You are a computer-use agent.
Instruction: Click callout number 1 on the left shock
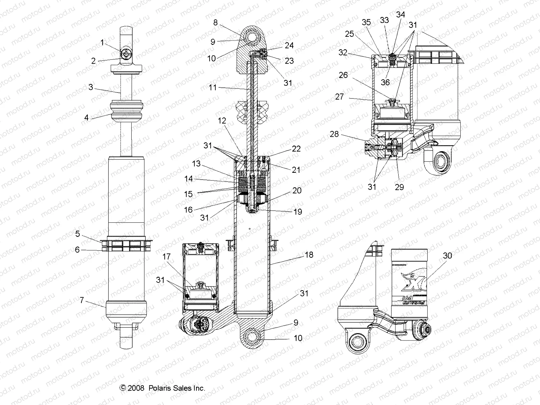(x=102, y=43)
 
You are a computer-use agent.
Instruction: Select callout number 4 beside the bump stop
(x=87, y=118)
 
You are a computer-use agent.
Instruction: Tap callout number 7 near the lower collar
(x=82, y=300)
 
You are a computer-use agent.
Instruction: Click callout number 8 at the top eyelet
(x=216, y=23)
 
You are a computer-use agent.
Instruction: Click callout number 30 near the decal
(x=447, y=256)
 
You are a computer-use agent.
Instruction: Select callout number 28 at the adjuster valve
(x=334, y=134)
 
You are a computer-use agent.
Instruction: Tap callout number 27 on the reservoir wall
(x=339, y=97)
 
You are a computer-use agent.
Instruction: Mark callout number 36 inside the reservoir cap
(x=385, y=82)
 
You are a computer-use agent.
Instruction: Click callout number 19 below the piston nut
(x=298, y=212)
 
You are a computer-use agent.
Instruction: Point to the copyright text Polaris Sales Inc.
(x=163, y=388)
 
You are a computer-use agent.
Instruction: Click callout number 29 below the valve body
(x=399, y=187)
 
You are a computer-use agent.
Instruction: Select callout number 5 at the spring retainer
(x=77, y=234)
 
